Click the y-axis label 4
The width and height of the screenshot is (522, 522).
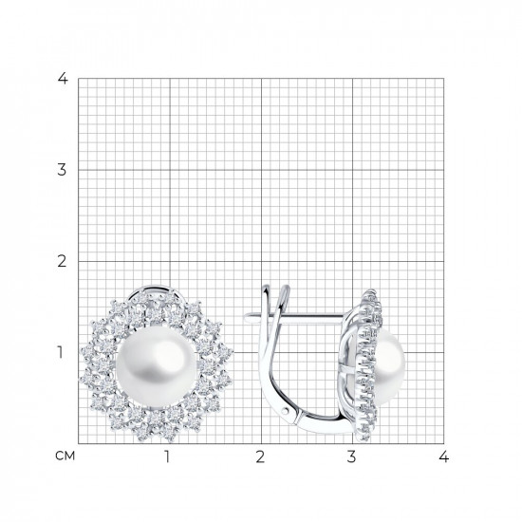(x=63, y=79)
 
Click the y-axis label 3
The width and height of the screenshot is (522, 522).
(x=62, y=170)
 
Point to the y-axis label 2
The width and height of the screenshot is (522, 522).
(x=62, y=261)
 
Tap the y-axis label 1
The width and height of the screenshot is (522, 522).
(x=60, y=352)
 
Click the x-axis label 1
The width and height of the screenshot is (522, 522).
(x=167, y=457)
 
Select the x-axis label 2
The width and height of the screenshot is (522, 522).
(x=260, y=457)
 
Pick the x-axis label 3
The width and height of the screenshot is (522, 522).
(x=351, y=457)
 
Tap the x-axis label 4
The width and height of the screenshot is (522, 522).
(x=444, y=457)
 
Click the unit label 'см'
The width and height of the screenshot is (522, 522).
(x=65, y=457)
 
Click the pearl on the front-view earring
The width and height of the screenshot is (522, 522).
(x=157, y=367)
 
